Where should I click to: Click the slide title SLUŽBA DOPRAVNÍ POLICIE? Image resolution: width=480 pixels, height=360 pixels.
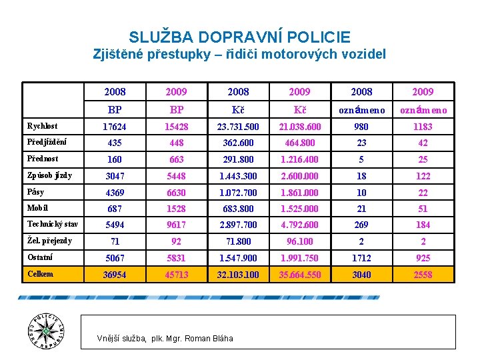point(239,37)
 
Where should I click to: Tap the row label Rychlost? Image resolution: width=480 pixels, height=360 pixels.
point(42,126)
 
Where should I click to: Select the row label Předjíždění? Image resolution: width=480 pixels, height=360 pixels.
point(46,142)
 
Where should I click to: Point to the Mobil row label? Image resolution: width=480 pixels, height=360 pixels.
point(37,208)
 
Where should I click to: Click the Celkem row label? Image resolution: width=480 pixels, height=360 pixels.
point(41,274)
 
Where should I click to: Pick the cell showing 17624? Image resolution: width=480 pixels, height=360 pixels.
point(115,127)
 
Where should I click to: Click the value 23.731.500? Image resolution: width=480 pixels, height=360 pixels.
point(238,127)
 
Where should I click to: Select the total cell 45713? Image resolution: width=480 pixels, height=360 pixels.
point(176,275)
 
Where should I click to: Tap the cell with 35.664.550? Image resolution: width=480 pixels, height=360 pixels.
point(299,275)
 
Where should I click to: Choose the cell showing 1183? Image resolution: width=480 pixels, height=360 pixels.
point(423,127)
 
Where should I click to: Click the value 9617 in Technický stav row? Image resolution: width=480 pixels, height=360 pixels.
point(176,225)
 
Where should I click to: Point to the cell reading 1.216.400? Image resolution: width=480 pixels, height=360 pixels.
point(299,159)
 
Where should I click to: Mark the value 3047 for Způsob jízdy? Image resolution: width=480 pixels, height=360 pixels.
point(115,176)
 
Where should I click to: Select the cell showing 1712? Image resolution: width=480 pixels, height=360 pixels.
point(361,258)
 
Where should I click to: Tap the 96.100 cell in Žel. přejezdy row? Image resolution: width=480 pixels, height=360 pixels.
point(299,241)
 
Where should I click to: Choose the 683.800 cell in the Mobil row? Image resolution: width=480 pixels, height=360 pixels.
point(238,209)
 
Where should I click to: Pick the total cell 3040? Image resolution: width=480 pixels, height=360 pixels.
point(361,275)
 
